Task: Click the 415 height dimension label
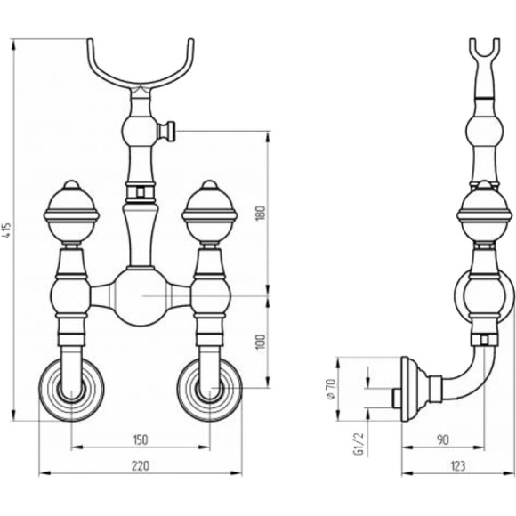[8, 230]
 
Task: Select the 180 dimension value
[261, 214]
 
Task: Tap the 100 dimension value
[261, 343]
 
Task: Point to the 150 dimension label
[141, 439]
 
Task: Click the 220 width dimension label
[141, 465]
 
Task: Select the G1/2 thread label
[359, 444]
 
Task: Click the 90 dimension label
[443, 439]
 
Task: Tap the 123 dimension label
[458, 465]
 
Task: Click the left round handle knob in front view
[71, 213]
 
